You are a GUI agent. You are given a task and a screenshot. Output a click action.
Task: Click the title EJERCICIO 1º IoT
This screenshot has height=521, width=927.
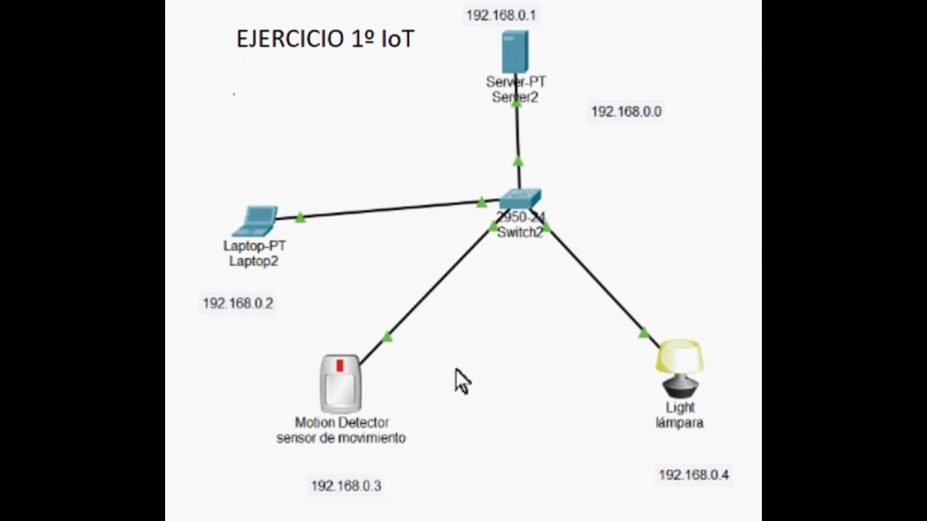point(325,39)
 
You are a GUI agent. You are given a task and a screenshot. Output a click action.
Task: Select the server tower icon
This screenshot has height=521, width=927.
point(515,52)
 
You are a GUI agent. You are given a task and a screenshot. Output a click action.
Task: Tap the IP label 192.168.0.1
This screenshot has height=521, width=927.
point(501,15)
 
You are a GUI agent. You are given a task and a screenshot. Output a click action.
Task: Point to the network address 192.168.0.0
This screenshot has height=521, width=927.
point(626,112)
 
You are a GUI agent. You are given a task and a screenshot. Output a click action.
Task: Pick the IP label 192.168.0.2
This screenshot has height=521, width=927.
point(238,303)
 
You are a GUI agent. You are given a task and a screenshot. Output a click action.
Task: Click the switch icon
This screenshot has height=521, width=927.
point(520,198)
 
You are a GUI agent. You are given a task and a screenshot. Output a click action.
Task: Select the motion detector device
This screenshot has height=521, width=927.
point(340,384)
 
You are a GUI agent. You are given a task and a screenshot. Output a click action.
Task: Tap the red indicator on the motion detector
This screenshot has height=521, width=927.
point(340,366)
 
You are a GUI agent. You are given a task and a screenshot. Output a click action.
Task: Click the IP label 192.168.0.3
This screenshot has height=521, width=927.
point(346,486)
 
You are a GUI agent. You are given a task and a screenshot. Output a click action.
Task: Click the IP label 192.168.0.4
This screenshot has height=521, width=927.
point(694,475)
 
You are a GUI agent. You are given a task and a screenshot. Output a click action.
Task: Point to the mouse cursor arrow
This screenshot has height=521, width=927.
point(462,381)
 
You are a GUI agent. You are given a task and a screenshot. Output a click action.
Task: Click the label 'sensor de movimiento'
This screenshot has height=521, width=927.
point(341,438)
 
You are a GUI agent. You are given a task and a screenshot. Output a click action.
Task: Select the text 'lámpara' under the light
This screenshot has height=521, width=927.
point(679,423)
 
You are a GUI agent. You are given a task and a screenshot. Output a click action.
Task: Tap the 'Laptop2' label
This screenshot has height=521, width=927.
point(253,261)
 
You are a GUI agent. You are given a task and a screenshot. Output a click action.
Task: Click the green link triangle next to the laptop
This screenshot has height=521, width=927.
point(300,218)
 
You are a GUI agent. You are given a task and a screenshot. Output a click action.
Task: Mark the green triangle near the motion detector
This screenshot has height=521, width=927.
point(387,337)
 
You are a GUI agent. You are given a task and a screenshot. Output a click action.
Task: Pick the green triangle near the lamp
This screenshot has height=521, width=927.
point(644,333)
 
